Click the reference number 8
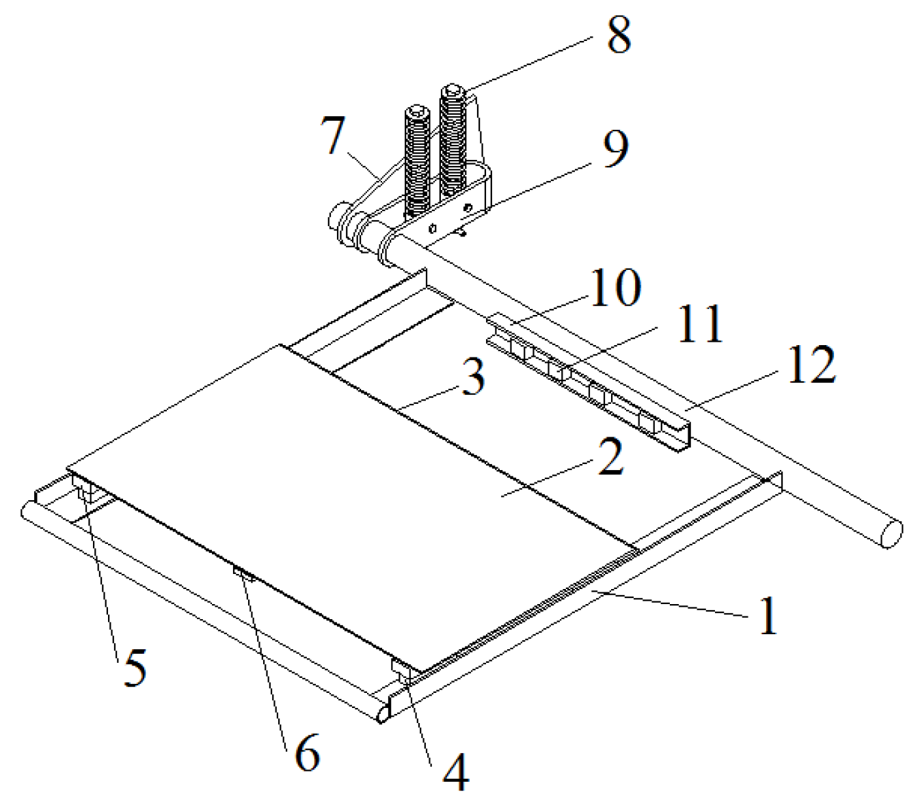[x=619, y=36]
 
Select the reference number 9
[x=616, y=148]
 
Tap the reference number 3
[x=473, y=377]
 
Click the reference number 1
[x=769, y=615]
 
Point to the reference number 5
[x=135, y=668]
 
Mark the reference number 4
[x=456, y=774]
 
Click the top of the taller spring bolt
[x=453, y=91]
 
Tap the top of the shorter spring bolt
[x=417, y=111]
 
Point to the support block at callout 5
[x=85, y=490]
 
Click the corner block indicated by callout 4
[x=401, y=670]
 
